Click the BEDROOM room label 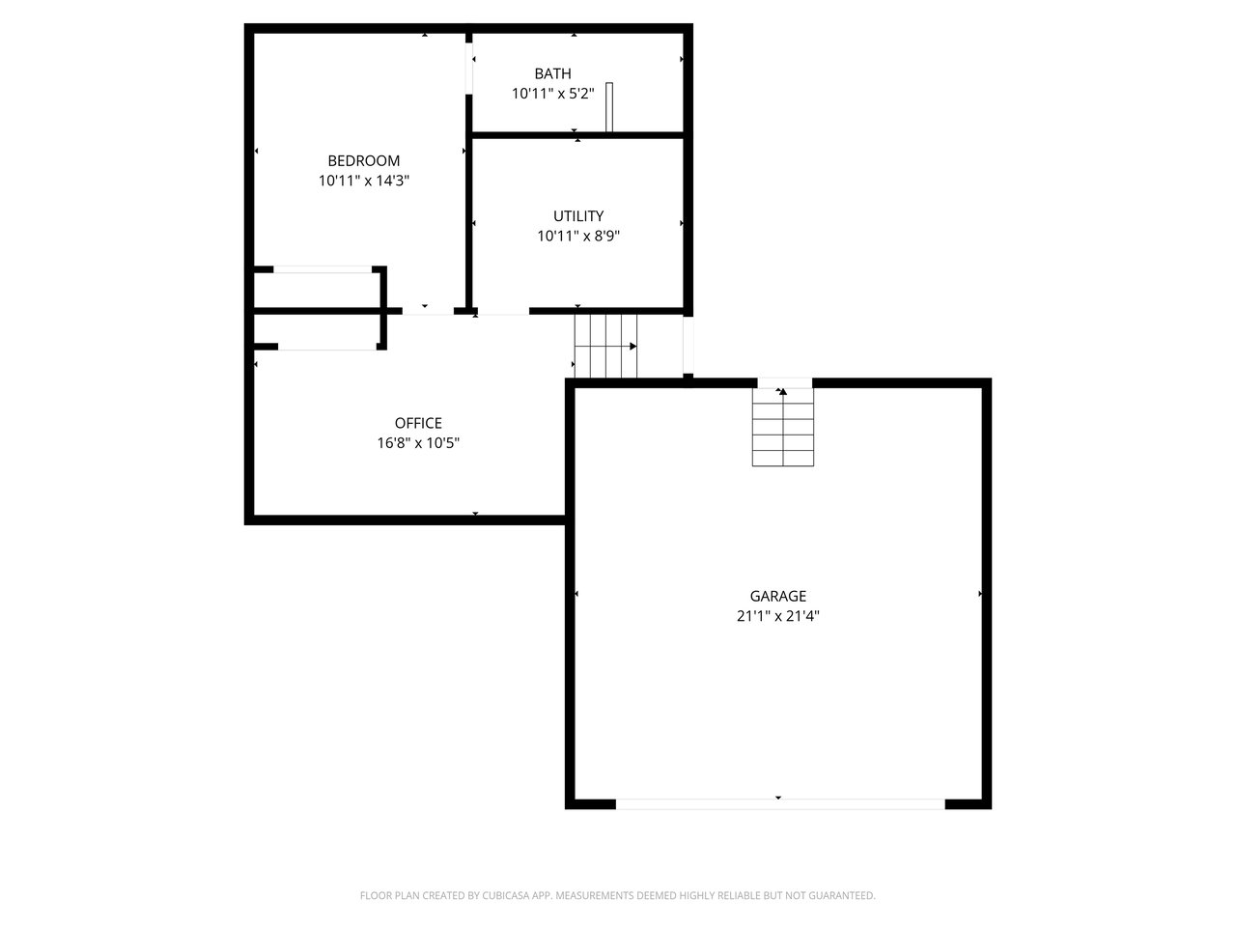click(363, 161)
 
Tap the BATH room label click(552, 73)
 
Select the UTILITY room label click(577, 216)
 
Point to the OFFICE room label click(418, 423)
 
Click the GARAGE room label click(777, 596)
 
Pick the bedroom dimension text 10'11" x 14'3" click(363, 181)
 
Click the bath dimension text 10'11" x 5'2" click(552, 94)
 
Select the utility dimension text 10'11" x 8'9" click(577, 236)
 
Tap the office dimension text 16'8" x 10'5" click(418, 443)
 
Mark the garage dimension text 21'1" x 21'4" click(777, 616)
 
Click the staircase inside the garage click(783, 427)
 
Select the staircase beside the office click(605, 346)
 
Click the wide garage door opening click(780, 804)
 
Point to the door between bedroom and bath click(468, 69)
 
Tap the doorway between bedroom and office click(428, 311)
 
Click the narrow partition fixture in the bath click(608, 107)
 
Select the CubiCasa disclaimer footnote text click(618, 895)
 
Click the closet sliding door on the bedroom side click(323, 269)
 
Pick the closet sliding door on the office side click(327, 347)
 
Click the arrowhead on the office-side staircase click(632, 346)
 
